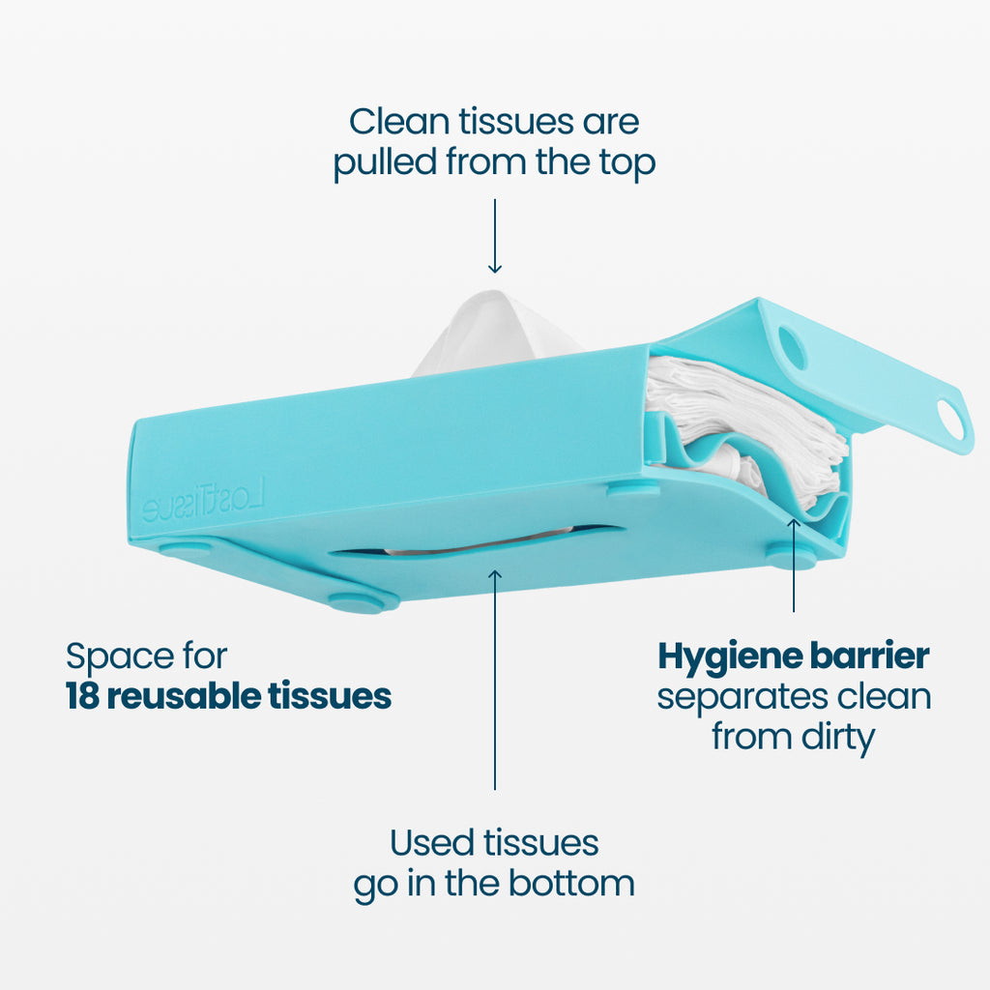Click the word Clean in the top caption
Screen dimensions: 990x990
[399, 121]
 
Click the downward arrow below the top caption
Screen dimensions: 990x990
[495, 236]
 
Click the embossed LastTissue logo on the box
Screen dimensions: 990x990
[203, 500]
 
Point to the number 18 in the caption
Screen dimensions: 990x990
[83, 696]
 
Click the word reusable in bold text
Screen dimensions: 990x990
[184, 696]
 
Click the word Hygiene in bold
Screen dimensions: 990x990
[730, 657]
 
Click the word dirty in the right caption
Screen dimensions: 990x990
[837, 738]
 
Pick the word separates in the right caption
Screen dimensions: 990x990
[742, 698]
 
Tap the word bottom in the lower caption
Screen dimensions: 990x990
[571, 883]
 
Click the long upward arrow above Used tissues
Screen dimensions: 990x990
[495, 680]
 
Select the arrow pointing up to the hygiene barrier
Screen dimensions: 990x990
[794, 565]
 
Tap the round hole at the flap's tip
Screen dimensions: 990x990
[950, 420]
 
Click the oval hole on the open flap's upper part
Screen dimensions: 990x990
[793, 348]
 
